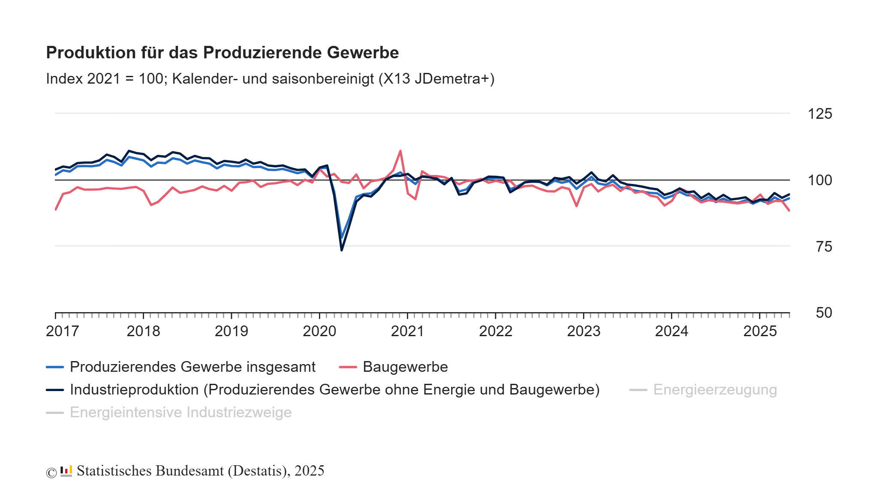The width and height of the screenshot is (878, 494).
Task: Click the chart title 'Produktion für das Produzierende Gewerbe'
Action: [x=222, y=53]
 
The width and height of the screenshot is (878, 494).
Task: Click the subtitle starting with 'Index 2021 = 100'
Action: [x=270, y=79]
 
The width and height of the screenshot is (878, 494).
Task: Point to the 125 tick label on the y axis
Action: [x=820, y=114]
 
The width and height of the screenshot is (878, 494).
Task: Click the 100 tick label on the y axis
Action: [x=820, y=180]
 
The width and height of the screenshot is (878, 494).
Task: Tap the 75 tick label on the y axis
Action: [x=824, y=247]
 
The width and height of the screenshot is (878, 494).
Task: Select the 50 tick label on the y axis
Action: [x=824, y=313]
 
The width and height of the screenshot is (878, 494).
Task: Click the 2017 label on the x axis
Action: [x=62, y=331]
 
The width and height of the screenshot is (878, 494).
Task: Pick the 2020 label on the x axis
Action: [x=319, y=331]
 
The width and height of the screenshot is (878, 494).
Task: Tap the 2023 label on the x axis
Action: [x=583, y=331]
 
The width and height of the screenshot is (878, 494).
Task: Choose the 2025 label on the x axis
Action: [x=760, y=331]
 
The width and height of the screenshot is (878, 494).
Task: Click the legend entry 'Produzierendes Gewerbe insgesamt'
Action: [x=192, y=367]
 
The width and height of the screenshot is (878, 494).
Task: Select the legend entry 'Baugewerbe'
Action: [x=405, y=367]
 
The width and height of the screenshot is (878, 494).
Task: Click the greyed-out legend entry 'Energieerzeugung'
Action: [x=715, y=390]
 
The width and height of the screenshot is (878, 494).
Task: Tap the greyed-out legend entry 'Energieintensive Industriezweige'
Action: [x=180, y=413]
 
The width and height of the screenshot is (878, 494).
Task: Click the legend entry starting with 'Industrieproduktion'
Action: [x=334, y=390]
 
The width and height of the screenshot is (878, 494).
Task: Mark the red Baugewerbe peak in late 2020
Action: [x=400, y=151]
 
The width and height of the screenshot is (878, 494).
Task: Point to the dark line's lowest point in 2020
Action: [x=342, y=250]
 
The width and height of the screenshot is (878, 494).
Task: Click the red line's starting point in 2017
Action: [x=56, y=209]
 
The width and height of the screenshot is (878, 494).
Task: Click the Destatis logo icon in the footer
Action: [x=66, y=471]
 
